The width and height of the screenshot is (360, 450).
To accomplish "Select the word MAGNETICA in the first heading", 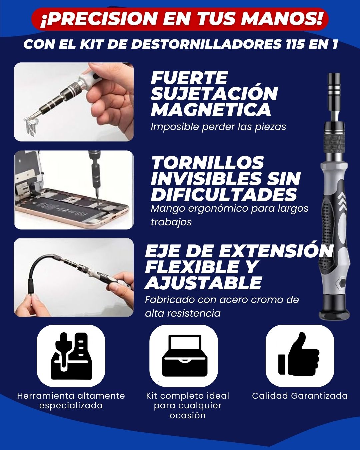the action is (211, 109).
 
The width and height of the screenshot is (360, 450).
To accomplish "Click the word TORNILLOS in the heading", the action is (208, 162).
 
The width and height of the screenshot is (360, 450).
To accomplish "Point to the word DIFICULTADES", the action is (224, 194).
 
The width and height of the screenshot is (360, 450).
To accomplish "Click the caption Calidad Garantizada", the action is (300, 396).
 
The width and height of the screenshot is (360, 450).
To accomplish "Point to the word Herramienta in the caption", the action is (46, 396).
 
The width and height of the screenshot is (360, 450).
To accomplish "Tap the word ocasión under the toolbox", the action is (187, 415).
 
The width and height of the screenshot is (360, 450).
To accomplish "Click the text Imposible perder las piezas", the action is (218, 127).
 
